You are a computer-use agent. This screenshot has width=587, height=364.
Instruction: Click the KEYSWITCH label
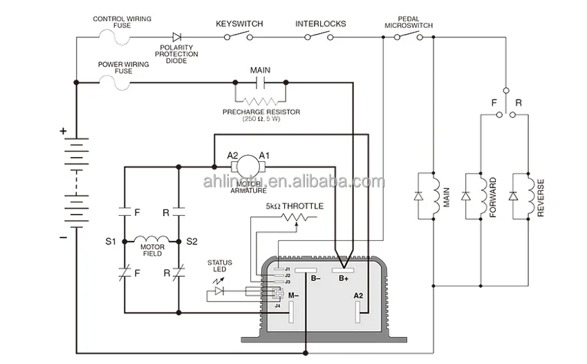(240, 24)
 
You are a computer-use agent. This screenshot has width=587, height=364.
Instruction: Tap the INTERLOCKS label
(321, 24)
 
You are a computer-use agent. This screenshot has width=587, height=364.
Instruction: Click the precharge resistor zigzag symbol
(260, 100)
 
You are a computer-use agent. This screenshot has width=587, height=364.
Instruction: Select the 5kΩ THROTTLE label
(295, 206)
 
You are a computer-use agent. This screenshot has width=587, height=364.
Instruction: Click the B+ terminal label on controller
(344, 279)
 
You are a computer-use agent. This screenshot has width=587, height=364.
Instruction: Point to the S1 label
(111, 242)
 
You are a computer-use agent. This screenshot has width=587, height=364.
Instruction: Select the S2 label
(192, 242)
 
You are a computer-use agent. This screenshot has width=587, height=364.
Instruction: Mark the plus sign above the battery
(63, 130)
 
